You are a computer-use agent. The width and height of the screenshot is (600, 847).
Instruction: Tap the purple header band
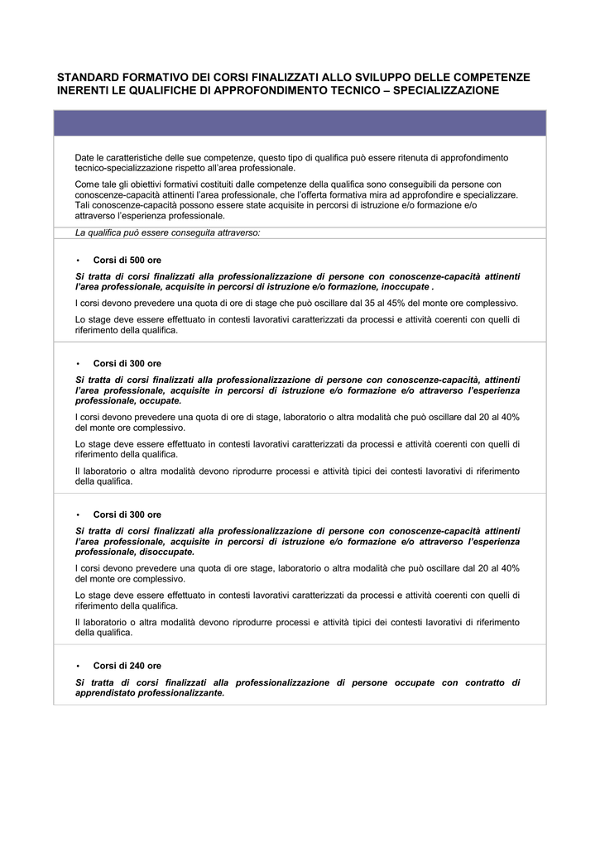pos(300,123)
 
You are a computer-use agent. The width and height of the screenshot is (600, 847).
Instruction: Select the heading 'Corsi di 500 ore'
pos(127,260)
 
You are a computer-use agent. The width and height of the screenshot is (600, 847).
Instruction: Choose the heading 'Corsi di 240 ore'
pos(127,665)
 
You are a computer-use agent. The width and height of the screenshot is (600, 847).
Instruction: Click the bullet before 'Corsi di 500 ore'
pos(77,260)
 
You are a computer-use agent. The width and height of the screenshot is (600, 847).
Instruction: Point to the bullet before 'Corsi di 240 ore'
pos(77,665)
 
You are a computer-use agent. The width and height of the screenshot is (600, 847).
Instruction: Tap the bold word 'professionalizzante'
pos(181,693)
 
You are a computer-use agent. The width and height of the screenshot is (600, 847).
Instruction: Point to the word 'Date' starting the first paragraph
pos(84,157)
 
